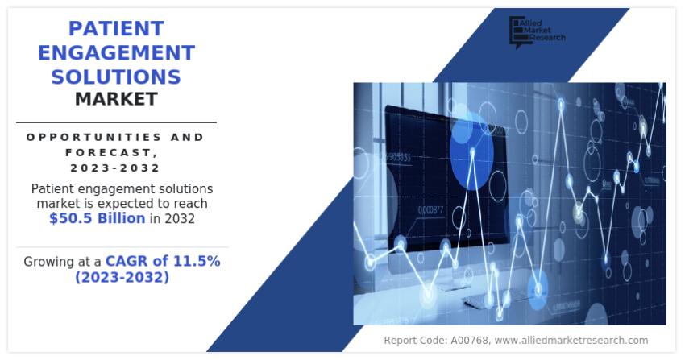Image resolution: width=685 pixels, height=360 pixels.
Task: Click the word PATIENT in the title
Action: click(x=116, y=28)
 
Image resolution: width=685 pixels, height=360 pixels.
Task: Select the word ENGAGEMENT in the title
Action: click(x=116, y=52)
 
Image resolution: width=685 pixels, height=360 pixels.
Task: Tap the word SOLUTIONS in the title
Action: click(x=116, y=77)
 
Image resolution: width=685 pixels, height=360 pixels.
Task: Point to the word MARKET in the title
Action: click(x=116, y=99)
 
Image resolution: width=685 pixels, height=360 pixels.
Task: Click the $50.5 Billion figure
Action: click(x=97, y=218)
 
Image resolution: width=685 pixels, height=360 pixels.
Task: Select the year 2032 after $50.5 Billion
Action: click(x=179, y=218)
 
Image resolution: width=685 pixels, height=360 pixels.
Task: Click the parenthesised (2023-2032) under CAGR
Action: click(x=122, y=277)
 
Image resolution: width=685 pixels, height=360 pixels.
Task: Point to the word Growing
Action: click(x=51, y=261)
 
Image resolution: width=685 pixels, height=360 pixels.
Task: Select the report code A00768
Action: click(x=463, y=341)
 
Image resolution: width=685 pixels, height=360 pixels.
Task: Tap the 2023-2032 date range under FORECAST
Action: click(x=115, y=168)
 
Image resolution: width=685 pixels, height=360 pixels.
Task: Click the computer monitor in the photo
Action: click(x=435, y=177)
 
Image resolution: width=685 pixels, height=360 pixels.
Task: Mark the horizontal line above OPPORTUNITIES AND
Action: click(x=116, y=122)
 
